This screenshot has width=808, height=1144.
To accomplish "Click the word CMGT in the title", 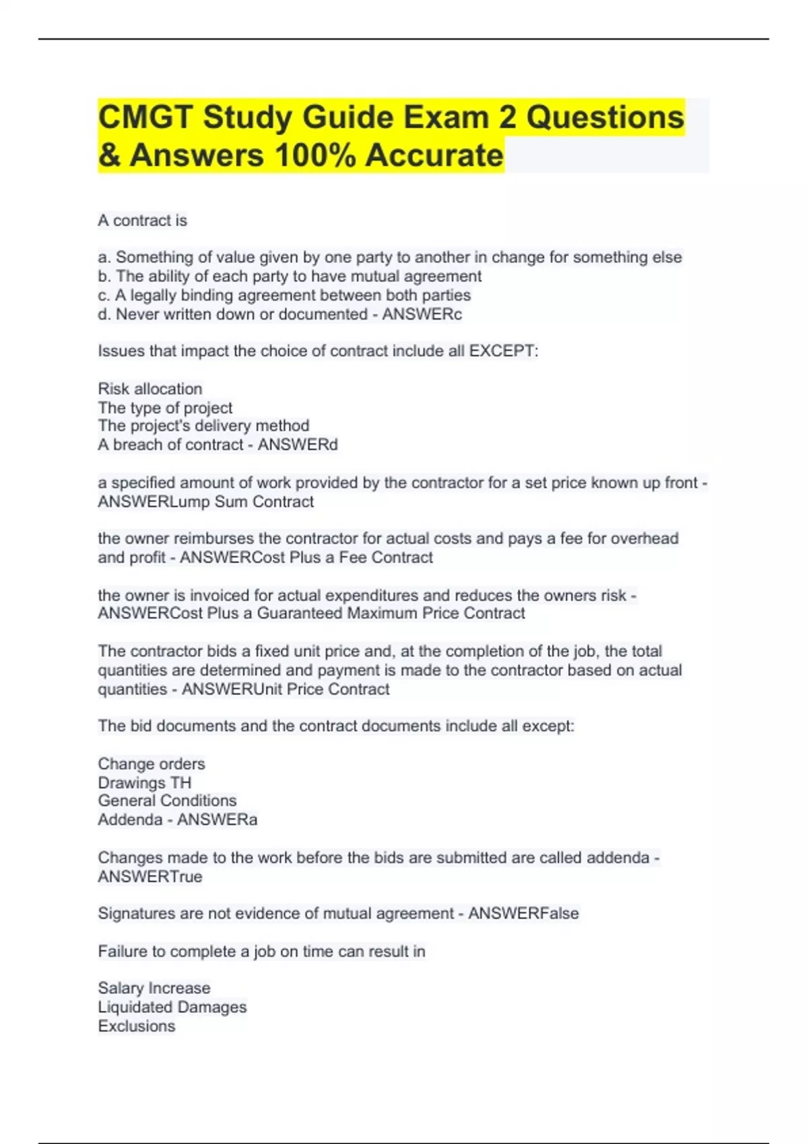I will point(146,118).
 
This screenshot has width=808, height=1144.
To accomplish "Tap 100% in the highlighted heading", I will point(315,155).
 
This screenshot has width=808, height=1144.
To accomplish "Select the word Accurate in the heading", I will point(434,155).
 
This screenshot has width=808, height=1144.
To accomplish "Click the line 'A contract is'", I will point(143,221).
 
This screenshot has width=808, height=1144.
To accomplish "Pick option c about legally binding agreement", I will point(284,295).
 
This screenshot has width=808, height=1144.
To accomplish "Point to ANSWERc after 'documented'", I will point(422,314).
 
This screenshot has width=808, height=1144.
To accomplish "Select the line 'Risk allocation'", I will point(150,389).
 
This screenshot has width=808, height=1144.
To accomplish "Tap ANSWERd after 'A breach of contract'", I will point(298,445).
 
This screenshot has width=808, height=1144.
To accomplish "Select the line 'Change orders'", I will point(151,764).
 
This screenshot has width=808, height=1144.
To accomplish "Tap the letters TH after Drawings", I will point(181,783).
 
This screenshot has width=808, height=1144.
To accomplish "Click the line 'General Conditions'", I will point(167,801).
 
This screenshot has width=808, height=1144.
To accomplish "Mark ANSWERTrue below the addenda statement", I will point(150,877).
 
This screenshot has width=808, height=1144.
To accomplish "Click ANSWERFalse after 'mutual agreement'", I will point(523,914).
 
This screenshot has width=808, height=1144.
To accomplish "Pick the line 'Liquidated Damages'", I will point(172,1007).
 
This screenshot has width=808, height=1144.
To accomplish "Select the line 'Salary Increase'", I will point(154,988).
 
